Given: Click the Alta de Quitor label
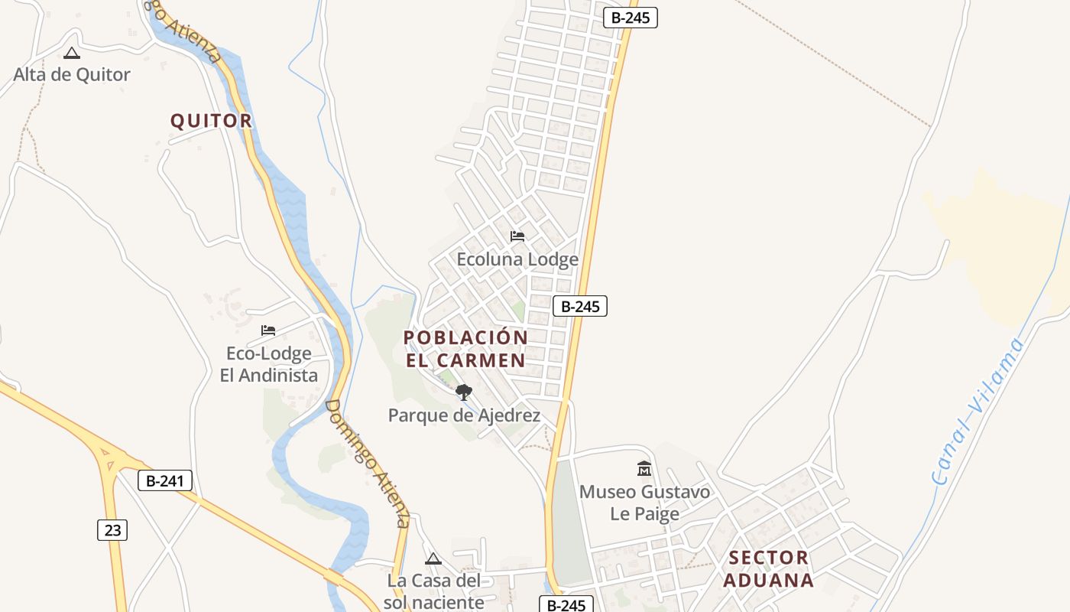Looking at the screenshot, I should (72, 74).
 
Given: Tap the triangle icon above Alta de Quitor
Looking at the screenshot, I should (72, 53).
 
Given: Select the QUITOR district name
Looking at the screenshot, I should (211, 121).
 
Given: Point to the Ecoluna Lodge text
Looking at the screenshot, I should (517, 259).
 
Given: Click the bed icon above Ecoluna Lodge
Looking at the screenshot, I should (517, 236).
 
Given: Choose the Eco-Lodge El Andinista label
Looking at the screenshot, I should (268, 364).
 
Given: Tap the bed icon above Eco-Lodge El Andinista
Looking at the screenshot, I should (268, 330).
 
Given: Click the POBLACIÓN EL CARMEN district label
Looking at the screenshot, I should (465, 349).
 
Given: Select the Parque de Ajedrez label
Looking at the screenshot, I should (464, 415).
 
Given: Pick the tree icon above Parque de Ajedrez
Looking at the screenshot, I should (463, 393).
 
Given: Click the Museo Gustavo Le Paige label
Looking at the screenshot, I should (644, 503).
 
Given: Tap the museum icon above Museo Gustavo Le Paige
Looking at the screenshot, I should (644, 468).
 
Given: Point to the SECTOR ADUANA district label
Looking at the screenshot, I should (768, 568).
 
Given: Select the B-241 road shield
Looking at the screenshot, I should (165, 480).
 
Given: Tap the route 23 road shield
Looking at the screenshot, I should (112, 529).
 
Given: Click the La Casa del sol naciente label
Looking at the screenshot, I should (433, 591).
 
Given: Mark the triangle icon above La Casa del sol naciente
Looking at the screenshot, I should (433, 559).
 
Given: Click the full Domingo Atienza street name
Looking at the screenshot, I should (368, 463).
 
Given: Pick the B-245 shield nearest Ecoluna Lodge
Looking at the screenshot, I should (580, 306).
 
